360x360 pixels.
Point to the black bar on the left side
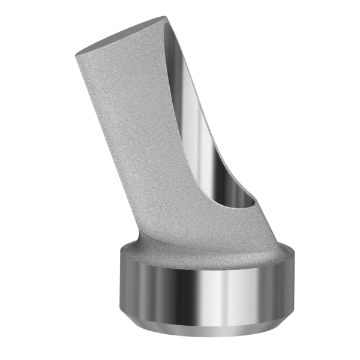pos(24,180)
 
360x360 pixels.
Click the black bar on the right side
pos(336,180)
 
